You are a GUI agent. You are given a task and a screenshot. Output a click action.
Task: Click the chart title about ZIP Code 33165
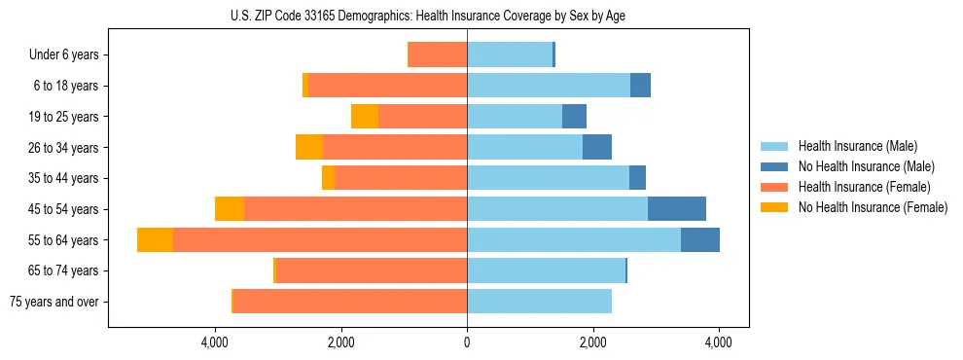(467, 16)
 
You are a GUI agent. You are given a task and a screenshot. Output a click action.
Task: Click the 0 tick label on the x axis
(467, 342)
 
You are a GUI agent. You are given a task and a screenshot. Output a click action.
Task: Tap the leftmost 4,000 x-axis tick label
(215, 342)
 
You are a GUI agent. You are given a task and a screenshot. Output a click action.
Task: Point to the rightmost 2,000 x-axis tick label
(593, 342)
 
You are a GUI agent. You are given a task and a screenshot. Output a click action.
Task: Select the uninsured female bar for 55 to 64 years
(155, 240)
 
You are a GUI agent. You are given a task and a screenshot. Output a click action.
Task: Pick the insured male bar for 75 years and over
(539, 302)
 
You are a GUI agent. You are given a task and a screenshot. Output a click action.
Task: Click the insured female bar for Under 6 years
(438, 55)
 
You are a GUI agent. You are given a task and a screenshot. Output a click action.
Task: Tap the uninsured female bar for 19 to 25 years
(365, 117)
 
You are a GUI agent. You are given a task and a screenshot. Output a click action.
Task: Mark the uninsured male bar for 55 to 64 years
(700, 240)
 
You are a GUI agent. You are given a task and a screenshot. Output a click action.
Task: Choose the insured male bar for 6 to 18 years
(549, 86)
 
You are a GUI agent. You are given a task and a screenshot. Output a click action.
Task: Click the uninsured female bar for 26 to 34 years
(309, 148)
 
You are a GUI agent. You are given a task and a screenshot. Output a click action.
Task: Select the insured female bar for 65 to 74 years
(372, 270)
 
